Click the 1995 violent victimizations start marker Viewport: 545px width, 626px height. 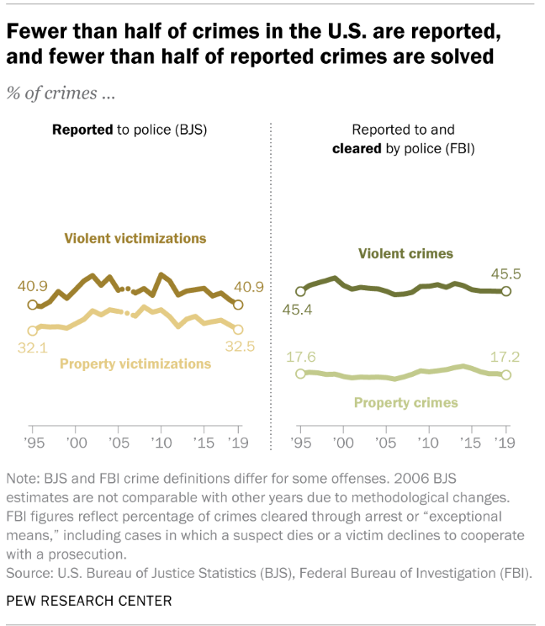click(x=33, y=305)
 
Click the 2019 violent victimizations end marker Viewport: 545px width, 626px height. click(x=238, y=305)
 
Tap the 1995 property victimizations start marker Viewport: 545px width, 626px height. click(x=33, y=331)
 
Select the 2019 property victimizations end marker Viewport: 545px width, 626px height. click(x=238, y=329)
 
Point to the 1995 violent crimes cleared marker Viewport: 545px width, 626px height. click(x=300, y=291)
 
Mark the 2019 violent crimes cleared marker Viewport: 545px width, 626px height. click(x=505, y=291)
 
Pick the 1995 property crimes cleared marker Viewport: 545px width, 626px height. click(x=300, y=373)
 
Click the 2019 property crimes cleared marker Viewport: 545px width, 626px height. click(x=505, y=374)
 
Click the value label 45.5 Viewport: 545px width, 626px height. click(x=505, y=272)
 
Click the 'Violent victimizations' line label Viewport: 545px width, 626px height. click(x=135, y=238)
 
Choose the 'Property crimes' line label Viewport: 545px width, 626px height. click(x=405, y=402)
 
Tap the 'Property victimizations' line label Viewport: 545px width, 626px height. click(x=135, y=363)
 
